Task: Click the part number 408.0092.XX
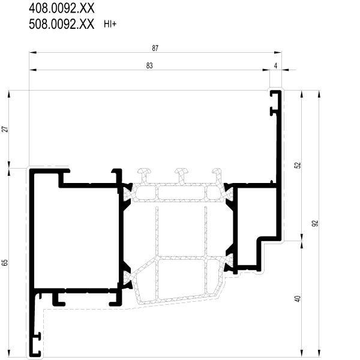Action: pyautogui.click(x=62, y=8)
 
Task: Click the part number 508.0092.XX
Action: pyautogui.click(x=62, y=24)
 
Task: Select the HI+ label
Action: pyautogui.click(x=110, y=24)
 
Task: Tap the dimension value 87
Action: pyautogui.click(x=155, y=48)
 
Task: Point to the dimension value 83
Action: pyautogui.click(x=149, y=65)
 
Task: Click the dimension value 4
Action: pyautogui.click(x=276, y=65)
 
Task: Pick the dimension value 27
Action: pyautogui.click(x=5, y=129)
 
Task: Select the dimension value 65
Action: pyautogui.click(x=5, y=263)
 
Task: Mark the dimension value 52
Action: pyautogui.click(x=298, y=166)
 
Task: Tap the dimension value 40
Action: pyautogui.click(x=298, y=299)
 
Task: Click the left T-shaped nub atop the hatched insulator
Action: pyautogui.click(x=145, y=175)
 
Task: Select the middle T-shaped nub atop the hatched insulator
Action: pyautogui.click(x=182, y=175)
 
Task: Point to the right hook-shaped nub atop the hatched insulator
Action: pyautogui.click(x=217, y=175)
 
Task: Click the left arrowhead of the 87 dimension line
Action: pyautogui.click(x=32, y=53)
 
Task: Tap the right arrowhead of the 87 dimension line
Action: pyautogui.click(x=278, y=53)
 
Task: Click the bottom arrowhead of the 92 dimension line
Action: pyautogui.click(x=319, y=353)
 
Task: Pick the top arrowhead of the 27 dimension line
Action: pyautogui.click(x=9, y=94)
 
